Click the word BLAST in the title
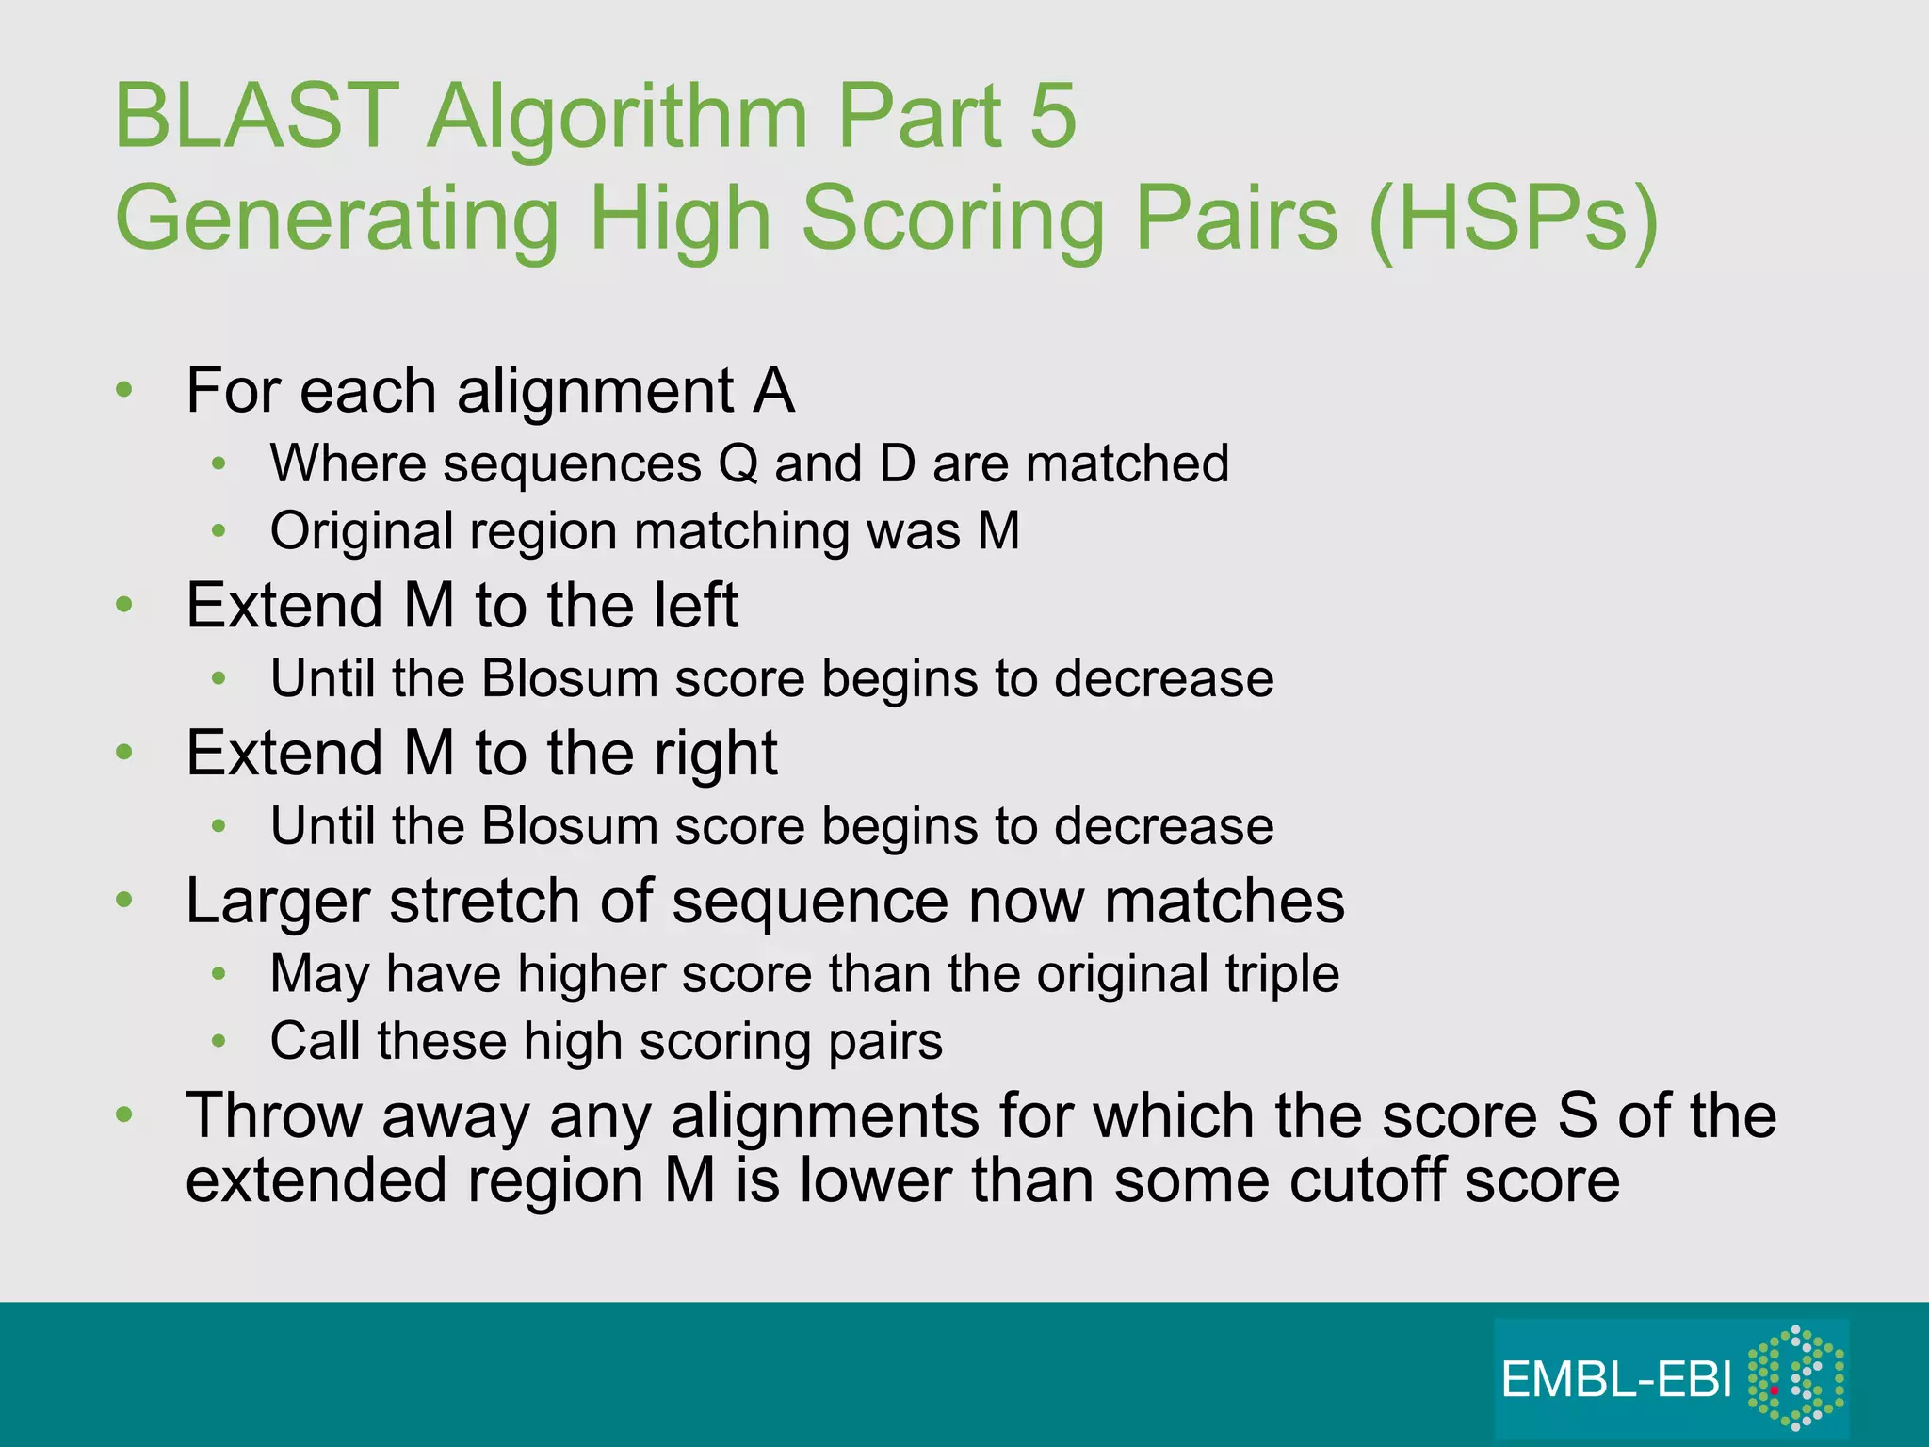[257, 117]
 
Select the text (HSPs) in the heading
[1514, 219]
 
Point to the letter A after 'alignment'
[773, 390]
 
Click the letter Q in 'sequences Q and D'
[738, 463]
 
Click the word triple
[1282, 973]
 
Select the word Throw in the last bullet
[274, 1115]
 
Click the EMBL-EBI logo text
[1616, 1379]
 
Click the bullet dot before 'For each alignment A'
[124, 390]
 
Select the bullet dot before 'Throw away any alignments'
[124, 1115]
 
